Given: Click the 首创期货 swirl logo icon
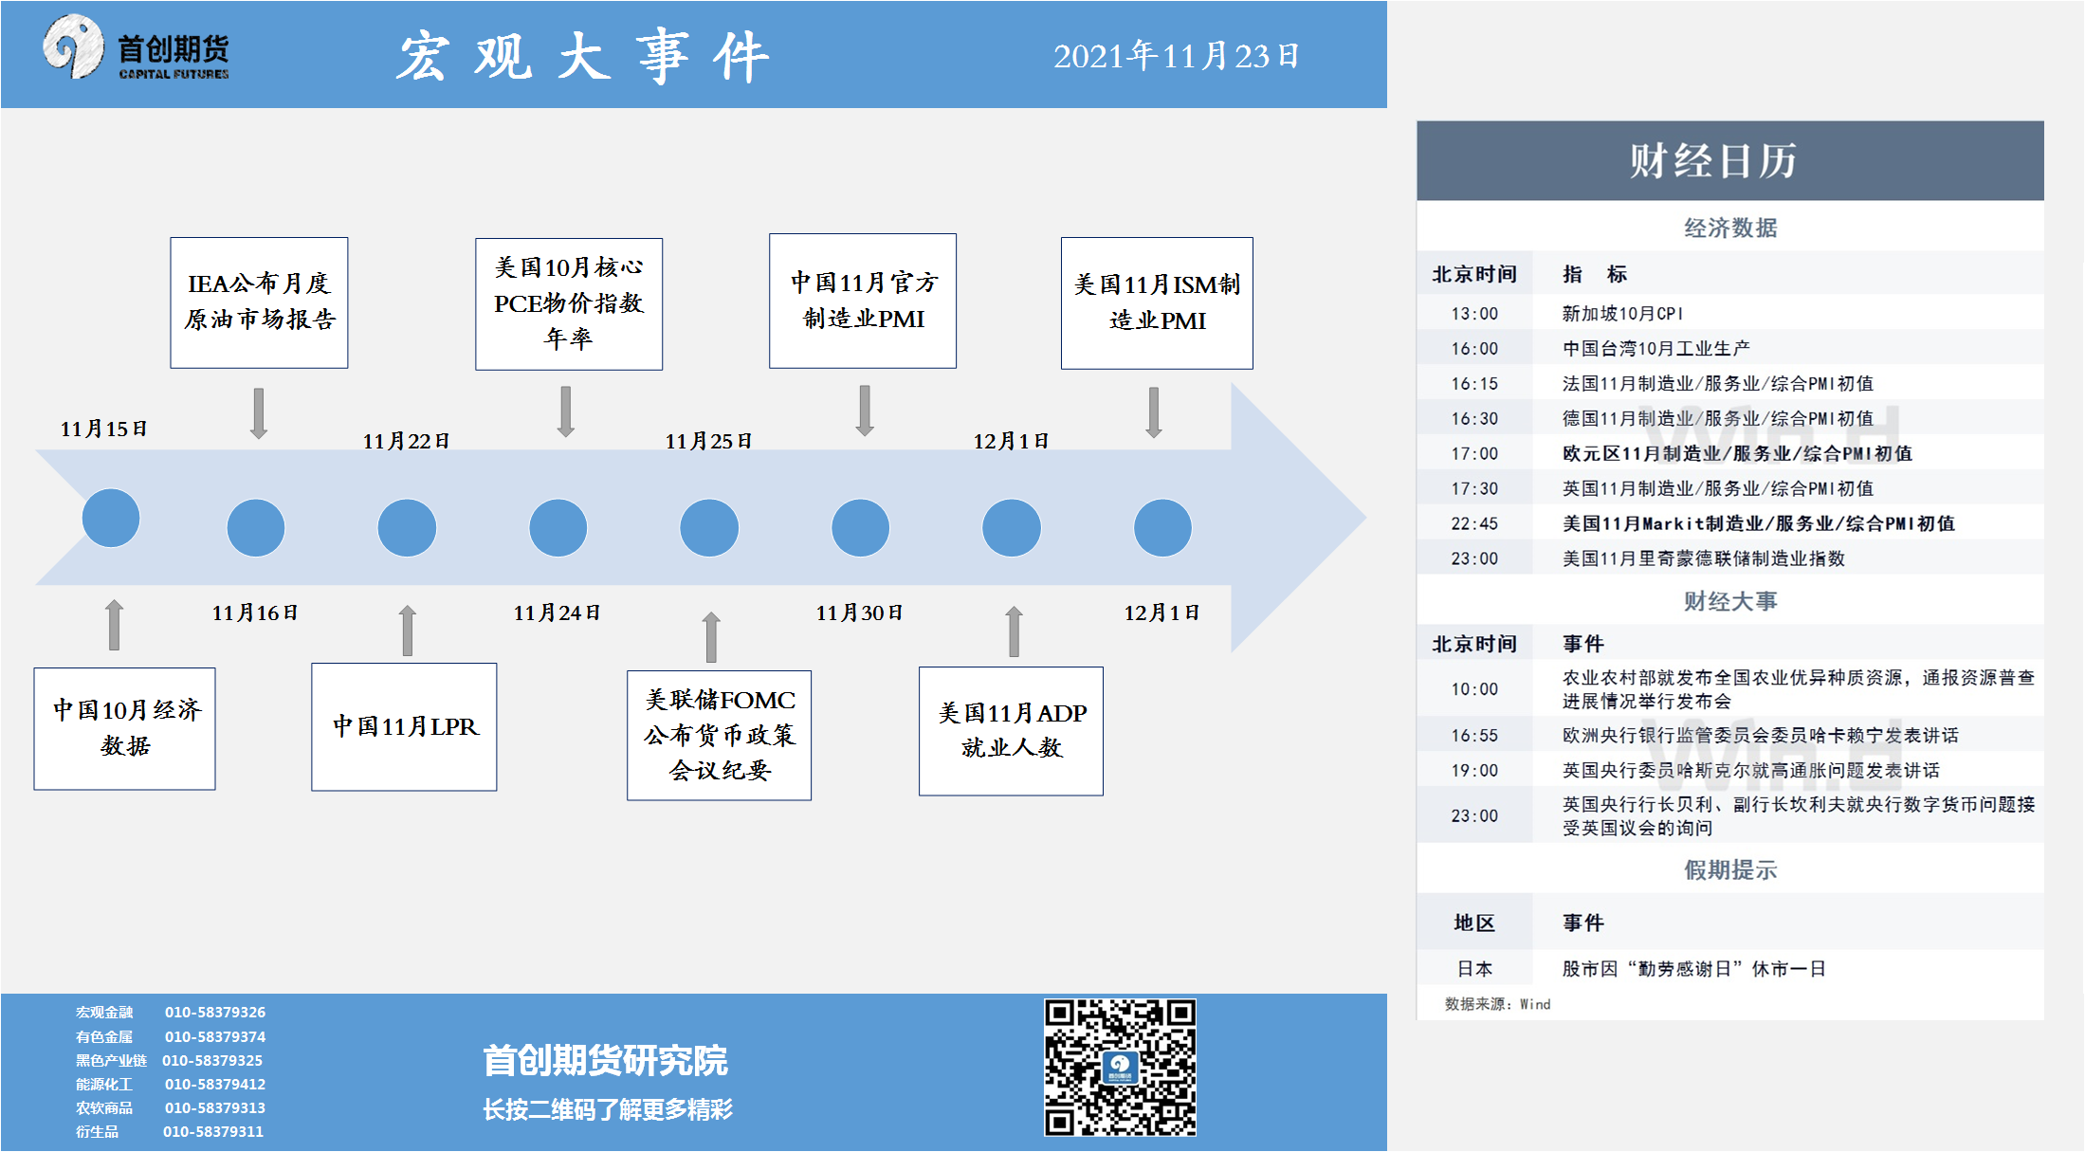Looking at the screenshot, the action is [x=73, y=46].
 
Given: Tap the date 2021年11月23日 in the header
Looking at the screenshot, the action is [x=1176, y=56].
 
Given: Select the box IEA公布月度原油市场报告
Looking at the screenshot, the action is [x=259, y=302].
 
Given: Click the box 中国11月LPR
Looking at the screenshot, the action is [x=404, y=727].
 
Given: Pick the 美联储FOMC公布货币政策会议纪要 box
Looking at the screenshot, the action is [x=719, y=736].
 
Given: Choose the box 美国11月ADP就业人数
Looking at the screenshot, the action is [x=1011, y=731].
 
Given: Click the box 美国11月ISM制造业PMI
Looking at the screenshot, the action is [x=1157, y=303].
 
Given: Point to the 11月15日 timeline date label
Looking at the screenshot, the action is [x=103, y=429].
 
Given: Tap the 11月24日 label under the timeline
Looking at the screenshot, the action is [x=557, y=613].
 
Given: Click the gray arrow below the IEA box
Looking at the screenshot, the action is [x=259, y=413].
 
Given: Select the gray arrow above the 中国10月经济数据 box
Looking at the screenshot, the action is [x=114, y=625].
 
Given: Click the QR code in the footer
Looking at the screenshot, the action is [x=1120, y=1067].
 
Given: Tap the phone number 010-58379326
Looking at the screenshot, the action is [x=215, y=1012].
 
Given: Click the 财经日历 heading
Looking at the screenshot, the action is [x=1712, y=160].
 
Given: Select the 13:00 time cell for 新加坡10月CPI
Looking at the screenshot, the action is [x=1474, y=314].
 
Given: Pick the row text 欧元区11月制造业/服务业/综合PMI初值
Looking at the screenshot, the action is [x=1737, y=453].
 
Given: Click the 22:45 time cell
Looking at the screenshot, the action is [x=1474, y=523].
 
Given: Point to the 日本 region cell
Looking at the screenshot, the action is [x=1474, y=969].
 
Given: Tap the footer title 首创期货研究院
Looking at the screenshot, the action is [x=605, y=1060].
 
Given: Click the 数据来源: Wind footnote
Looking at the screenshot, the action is [x=1497, y=1004].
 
